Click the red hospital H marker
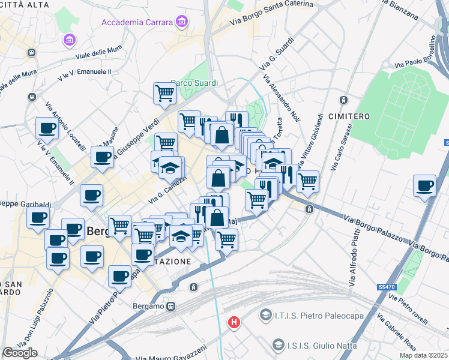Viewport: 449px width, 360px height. coord(234,323)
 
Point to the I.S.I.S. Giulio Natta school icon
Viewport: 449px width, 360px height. coord(278,344)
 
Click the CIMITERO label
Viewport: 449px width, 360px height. coord(349,115)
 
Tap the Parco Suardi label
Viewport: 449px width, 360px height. coord(193,83)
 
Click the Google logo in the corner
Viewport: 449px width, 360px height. coord(20,352)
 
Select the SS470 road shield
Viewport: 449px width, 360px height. coord(387,287)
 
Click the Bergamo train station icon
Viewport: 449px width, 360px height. coord(171,306)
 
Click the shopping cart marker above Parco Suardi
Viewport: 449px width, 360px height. coord(164,94)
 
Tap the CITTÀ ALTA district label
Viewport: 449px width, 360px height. coord(25,4)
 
